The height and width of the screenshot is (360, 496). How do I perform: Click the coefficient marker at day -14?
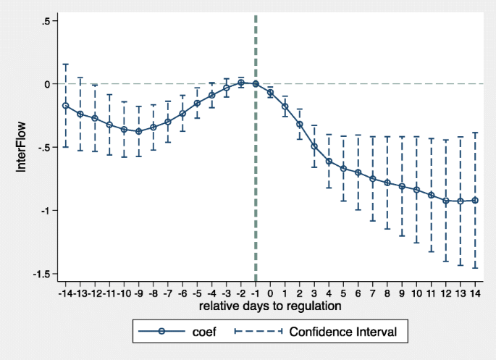point(66,106)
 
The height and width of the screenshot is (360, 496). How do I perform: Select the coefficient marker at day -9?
point(138,132)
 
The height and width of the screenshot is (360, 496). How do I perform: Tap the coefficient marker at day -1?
point(256,83)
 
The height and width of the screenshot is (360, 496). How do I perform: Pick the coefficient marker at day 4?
point(329,162)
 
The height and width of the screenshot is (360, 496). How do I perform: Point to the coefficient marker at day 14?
point(475,201)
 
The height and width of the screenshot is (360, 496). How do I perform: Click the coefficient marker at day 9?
point(402,187)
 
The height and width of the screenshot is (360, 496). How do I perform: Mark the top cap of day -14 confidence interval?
point(66,64)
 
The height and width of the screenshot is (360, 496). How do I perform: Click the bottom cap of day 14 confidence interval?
point(475,268)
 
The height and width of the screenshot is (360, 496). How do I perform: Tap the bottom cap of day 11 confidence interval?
point(431,251)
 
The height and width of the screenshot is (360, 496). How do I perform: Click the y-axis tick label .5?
point(45,21)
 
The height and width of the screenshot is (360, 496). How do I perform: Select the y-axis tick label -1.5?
point(40,275)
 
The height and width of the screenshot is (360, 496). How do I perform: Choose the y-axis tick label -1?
point(43,211)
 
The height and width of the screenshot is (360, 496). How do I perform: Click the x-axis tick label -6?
point(182,293)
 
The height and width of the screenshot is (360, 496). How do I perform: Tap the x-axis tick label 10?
point(416,293)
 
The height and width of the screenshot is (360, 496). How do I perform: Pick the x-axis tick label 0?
point(270,293)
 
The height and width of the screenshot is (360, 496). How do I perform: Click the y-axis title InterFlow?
point(21,148)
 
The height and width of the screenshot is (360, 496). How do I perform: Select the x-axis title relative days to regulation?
point(270,306)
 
